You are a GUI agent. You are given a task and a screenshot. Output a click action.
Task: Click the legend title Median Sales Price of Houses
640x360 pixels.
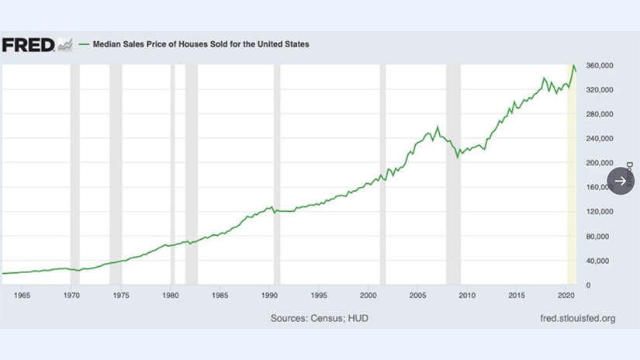coord(201,44)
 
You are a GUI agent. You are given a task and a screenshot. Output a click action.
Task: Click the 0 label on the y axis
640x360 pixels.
coord(590,286)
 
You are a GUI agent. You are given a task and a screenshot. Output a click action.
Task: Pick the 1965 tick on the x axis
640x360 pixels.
coord(21,296)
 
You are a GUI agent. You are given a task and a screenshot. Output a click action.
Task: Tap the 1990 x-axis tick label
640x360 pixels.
coord(269,296)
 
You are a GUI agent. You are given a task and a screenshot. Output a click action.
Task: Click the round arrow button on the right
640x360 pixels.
coord(621,181)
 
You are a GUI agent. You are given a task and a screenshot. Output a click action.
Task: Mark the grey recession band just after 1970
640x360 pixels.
coord(75,175)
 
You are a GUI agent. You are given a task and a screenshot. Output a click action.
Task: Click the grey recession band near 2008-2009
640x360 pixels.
coord(453,175)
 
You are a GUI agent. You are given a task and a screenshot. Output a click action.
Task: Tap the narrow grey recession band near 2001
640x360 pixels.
coord(382,175)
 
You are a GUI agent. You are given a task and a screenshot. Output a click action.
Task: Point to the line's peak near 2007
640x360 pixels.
coord(438,126)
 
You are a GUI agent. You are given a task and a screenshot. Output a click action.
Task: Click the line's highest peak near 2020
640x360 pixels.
coord(573,66)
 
